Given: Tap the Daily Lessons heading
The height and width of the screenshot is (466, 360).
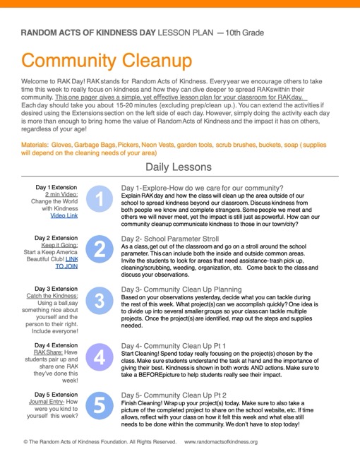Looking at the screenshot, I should pyautogui.click(x=179, y=167).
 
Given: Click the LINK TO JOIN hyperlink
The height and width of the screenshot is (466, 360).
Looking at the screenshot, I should pyautogui.click(x=68, y=263).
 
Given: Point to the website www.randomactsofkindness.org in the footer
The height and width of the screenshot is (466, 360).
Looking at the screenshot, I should pyautogui.click(x=221, y=442).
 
